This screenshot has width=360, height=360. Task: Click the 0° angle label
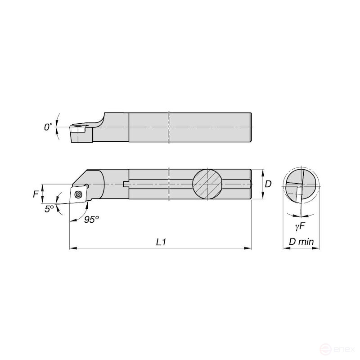point(48,127)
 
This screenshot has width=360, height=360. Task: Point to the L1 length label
point(161,242)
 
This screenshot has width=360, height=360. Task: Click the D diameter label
point(268,184)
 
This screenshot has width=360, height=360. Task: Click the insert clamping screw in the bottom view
point(78,194)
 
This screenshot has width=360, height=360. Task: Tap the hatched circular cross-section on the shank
point(207,184)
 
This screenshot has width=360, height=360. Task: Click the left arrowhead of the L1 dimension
point(72,247)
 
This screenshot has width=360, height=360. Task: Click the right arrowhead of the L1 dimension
point(248,247)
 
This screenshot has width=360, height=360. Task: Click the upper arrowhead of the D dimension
point(262,171)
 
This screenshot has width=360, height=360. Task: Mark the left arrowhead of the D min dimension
point(284,247)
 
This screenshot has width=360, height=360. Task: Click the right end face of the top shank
point(250,128)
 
